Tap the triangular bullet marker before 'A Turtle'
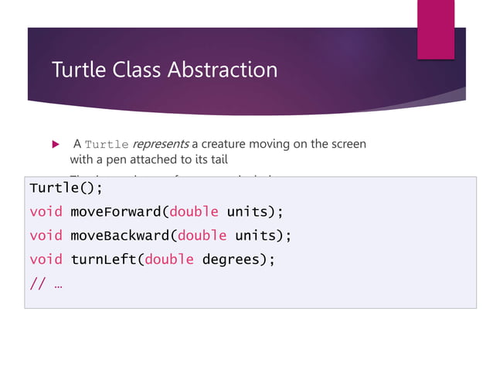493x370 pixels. [x=54, y=145]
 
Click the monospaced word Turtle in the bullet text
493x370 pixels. [x=107, y=145]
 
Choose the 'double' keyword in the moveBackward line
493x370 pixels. [x=202, y=235]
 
